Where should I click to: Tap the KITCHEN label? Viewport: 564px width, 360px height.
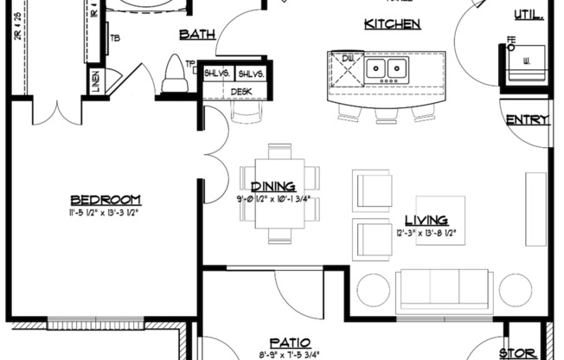pos(392,23)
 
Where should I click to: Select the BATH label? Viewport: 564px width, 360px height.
pos(196,35)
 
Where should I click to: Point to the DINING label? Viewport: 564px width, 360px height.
pos(273,186)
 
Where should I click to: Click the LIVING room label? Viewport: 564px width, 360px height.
pos(426,220)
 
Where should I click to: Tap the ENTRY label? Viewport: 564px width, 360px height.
pos(526,119)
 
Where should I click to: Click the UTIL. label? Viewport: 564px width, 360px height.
pos(529,14)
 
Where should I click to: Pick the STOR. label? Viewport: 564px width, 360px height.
pos(519,352)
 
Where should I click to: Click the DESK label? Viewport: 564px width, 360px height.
pos(240,91)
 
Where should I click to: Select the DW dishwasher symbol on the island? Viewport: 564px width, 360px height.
pos(347,59)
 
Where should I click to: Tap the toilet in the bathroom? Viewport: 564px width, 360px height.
pos(176,73)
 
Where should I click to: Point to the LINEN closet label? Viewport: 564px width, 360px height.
pos(95,82)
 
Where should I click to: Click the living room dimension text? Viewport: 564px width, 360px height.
pos(426,233)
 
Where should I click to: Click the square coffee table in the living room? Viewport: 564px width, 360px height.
pos(440,221)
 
